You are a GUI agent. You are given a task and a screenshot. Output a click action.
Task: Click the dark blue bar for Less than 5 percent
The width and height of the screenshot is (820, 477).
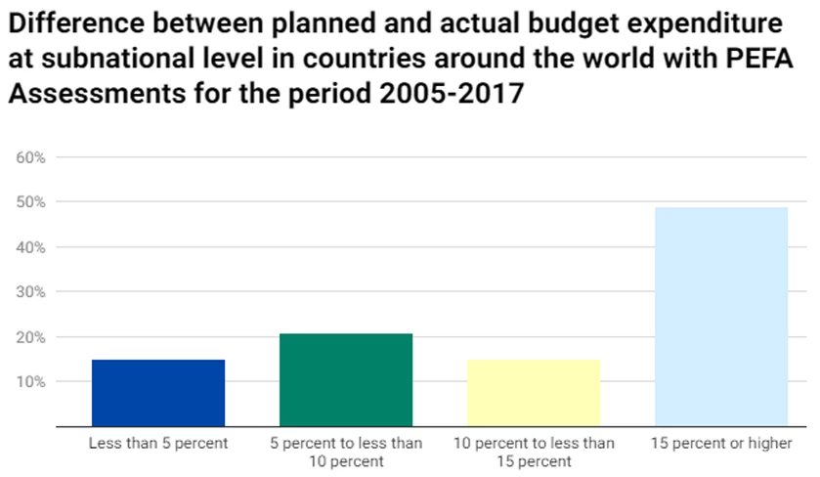point(158,393)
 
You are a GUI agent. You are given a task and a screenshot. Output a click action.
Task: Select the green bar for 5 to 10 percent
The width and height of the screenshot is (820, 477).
point(346,380)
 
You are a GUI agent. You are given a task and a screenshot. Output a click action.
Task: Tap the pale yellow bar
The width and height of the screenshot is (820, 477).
point(534,393)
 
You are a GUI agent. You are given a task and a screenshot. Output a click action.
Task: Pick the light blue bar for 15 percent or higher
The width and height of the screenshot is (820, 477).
point(721,317)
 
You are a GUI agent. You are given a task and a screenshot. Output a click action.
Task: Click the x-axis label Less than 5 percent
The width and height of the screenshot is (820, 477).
point(158,444)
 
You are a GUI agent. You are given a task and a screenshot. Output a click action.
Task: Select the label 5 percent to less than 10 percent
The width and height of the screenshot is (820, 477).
point(346,452)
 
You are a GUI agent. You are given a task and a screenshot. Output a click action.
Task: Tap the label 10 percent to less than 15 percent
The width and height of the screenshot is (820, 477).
point(534,452)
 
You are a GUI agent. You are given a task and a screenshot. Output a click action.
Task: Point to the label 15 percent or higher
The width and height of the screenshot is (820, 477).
point(721,444)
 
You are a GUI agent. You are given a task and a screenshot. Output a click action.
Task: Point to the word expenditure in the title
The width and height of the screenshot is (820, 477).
point(701,22)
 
